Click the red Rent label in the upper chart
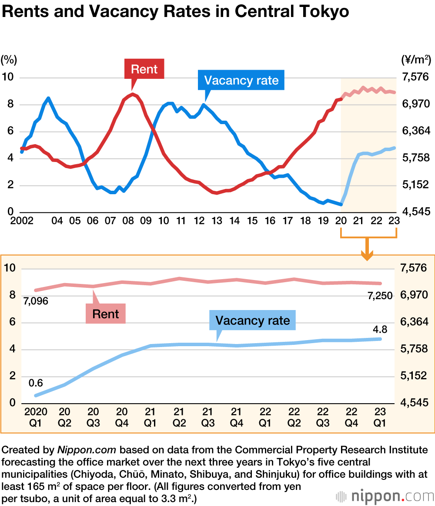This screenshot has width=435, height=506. tap(144, 69)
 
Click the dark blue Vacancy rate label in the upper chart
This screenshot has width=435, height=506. tap(241, 80)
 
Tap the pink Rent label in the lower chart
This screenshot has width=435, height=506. tap(106, 314)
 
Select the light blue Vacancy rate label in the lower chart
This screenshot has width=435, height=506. tap(252, 321)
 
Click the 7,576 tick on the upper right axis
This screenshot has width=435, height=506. tap(415, 78)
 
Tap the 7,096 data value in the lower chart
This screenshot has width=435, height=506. tap(36, 301)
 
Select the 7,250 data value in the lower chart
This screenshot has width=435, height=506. tap(380, 296)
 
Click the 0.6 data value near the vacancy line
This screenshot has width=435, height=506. tap(36, 383)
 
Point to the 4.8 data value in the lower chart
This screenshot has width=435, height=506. tap(380, 328)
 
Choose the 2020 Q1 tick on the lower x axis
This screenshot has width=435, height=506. tap(36, 417)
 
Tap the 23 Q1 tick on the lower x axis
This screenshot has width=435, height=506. tap(380, 417)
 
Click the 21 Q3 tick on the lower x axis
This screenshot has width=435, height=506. tap(208, 417)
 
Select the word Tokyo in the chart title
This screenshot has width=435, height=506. tap(322, 12)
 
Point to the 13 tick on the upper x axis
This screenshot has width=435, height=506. tap(217, 221)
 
